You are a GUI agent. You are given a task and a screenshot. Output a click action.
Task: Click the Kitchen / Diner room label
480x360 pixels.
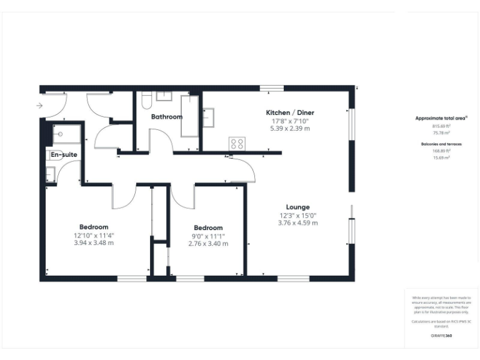tap(289, 112)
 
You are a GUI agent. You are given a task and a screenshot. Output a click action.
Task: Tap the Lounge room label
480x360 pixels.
tap(297, 207)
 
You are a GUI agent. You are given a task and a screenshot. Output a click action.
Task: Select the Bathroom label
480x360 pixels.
tap(167, 117)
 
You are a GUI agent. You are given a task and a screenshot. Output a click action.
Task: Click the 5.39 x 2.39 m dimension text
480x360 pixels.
tap(289, 128)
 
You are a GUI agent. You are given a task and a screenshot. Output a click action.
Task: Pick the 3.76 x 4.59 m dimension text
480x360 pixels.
tap(297, 222)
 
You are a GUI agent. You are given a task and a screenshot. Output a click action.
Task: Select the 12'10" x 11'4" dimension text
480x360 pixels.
tap(94, 236)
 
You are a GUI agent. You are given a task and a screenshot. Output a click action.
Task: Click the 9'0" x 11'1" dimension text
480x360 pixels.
tap(208, 236)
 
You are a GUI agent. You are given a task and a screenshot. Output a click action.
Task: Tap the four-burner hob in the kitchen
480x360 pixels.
tap(237, 143)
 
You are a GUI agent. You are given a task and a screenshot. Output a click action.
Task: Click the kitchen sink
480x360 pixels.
tap(209, 117)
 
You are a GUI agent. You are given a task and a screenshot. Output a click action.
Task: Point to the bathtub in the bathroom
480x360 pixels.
tap(189, 116)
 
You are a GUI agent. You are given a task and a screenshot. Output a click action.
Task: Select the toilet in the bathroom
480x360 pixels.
tap(145, 101)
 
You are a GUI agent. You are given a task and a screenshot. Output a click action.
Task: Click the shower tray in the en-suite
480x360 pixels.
tap(63, 134)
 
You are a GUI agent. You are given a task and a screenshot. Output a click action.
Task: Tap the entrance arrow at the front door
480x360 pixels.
tap(40, 106)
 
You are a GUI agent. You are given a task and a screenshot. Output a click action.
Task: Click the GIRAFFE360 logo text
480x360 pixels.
tap(441, 336)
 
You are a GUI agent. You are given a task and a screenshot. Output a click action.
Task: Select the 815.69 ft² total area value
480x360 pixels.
tap(441, 126)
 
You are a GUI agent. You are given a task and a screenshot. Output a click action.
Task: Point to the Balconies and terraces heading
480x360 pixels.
tap(441, 144)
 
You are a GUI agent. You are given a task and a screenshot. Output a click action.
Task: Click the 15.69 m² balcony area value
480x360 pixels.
tap(441, 157)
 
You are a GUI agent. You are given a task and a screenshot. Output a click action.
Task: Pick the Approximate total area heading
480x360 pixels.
tap(441, 117)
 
